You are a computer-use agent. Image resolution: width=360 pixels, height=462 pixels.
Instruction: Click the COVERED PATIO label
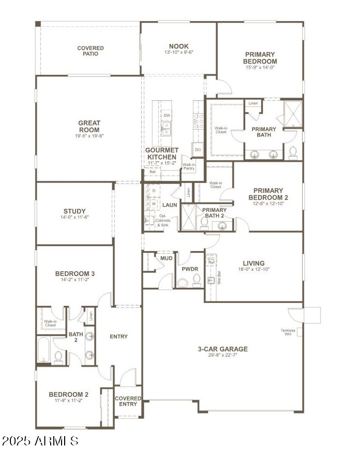tap(91, 51)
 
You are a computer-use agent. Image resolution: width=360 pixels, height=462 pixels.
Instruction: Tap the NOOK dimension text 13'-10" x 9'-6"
tap(178, 53)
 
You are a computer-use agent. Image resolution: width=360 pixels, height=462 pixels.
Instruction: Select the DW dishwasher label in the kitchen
tap(167, 115)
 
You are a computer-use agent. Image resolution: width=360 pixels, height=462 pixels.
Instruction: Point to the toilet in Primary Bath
tap(293, 152)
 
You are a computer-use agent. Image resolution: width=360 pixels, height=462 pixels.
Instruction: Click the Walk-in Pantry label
tap(188, 166)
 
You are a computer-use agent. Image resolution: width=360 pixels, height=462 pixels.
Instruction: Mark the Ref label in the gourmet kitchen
tap(153, 172)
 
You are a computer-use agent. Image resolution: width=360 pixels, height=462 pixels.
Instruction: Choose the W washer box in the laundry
tap(154, 204)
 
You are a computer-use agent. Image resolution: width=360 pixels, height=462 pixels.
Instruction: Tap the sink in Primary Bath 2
tap(223, 224)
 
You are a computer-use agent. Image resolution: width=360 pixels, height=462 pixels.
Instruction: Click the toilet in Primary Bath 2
tap(205, 223)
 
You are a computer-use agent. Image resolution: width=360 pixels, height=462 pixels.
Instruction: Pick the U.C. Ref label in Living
tap(211, 260)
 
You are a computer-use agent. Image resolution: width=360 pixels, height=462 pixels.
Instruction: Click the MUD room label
tap(166, 258)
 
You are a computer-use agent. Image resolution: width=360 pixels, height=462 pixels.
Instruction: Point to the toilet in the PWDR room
tap(197, 280)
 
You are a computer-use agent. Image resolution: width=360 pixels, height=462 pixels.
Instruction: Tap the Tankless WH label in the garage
tap(288, 332)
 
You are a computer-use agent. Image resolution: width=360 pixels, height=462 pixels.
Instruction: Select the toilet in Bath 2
tap(58, 356)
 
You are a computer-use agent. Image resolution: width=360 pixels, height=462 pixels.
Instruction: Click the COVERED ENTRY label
tap(128, 401)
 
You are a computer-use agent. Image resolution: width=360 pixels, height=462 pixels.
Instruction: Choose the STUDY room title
tap(75, 211)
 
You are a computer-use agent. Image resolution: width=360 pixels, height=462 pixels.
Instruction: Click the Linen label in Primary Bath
tap(253, 103)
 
